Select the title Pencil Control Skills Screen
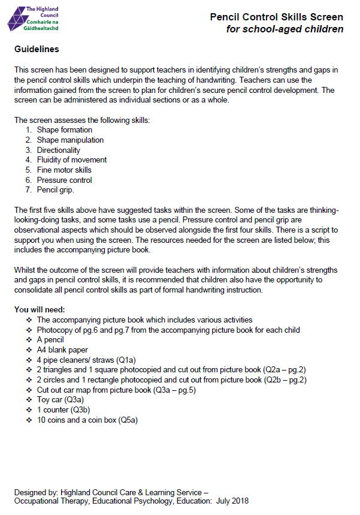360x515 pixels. [x=276, y=17]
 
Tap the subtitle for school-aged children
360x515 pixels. [x=285, y=29]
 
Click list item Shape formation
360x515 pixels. [x=64, y=129]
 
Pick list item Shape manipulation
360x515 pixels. [x=70, y=140]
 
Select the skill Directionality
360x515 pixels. [x=58, y=150]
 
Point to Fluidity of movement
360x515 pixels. [x=72, y=160]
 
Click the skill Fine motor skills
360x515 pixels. [x=64, y=170]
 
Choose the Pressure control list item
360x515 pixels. [x=64, y=180]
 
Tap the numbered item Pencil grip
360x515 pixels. [x=55, y=190]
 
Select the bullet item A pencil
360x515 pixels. [x=50, y=340]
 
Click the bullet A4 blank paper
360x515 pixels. [x=62, y=350]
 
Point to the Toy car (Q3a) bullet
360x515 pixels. [x=60, y=399]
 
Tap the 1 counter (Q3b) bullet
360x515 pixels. [x=62, y=409]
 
